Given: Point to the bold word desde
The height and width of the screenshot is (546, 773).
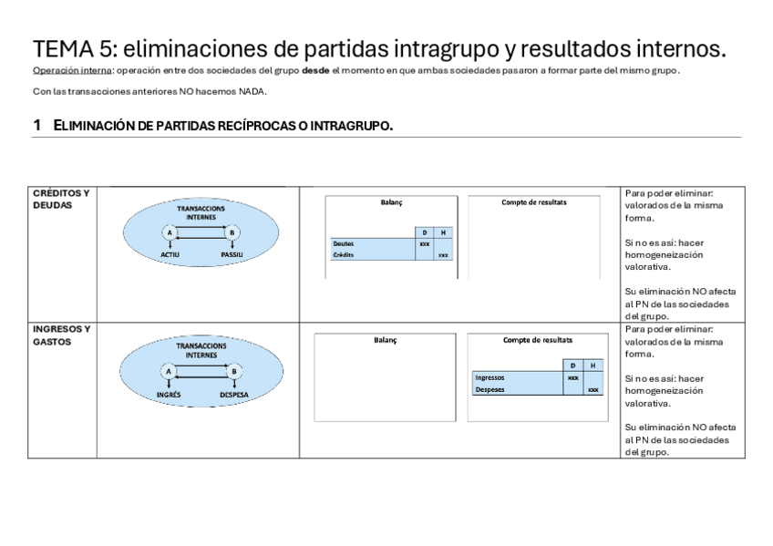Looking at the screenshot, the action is point(315,71).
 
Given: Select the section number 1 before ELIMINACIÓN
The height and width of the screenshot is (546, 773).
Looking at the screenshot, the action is point(36,125).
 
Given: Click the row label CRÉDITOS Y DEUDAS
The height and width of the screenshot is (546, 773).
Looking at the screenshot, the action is point(60,199).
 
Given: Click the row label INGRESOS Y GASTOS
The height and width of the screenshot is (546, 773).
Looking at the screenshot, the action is point(61,335).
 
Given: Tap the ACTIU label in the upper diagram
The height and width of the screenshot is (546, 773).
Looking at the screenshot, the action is point(170,255).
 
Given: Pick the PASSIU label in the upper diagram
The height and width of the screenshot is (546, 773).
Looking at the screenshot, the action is point(232,255).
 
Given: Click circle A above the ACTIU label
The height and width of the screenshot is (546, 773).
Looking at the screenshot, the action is point(169,233).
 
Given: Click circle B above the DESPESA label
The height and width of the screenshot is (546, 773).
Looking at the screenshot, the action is point(234,371).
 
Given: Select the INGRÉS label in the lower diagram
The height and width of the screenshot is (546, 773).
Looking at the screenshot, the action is point(169,395).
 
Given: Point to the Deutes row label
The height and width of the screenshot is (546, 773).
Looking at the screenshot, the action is point(344,244).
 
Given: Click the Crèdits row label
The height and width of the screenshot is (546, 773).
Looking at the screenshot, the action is point(344,255).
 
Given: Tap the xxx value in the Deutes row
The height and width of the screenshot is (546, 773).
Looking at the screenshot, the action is point(424,244).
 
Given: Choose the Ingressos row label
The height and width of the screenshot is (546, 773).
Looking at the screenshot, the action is point(490,377).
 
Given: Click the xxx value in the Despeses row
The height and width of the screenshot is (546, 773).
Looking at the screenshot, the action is point(593,389).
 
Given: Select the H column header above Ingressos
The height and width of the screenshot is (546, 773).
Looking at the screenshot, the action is point(593,366).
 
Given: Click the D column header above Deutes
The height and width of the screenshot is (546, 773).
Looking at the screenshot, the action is point(424,232).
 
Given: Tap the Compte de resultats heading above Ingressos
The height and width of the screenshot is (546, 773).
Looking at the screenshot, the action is point(538,340).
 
